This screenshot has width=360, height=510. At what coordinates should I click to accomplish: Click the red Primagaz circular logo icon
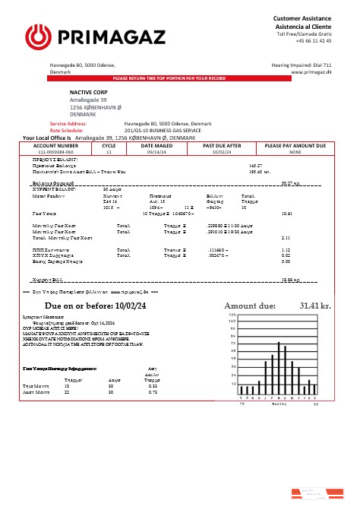click(38, 36)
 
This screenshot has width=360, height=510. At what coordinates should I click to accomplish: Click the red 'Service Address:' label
click(68, 123)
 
